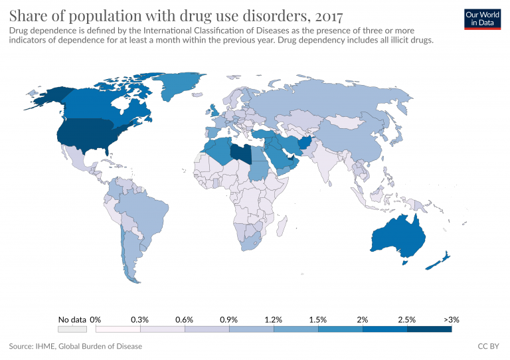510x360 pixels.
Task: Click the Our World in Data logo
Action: pyautogui.click(x=482, y=19)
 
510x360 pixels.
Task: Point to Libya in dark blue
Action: pyautogui.click(x=241, y=152)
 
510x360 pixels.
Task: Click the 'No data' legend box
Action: pyautogui.click(x=72, y=328)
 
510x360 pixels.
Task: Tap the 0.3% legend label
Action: pyautogui.click(x=139, y=319)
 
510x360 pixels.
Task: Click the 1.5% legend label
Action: pyautogui.click(x=317, y=319)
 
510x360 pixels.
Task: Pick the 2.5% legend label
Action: pyautogui.click(x=406, y=319)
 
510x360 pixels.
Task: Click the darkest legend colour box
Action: pyautogui.click(x=429, y=328)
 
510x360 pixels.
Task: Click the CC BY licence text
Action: pyautogui.click(x=489, y=346)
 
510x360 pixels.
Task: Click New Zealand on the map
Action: pyautogui.click(x=439, y=261)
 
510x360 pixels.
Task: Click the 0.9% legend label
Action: pyautogui.click(x=229, y=319)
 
